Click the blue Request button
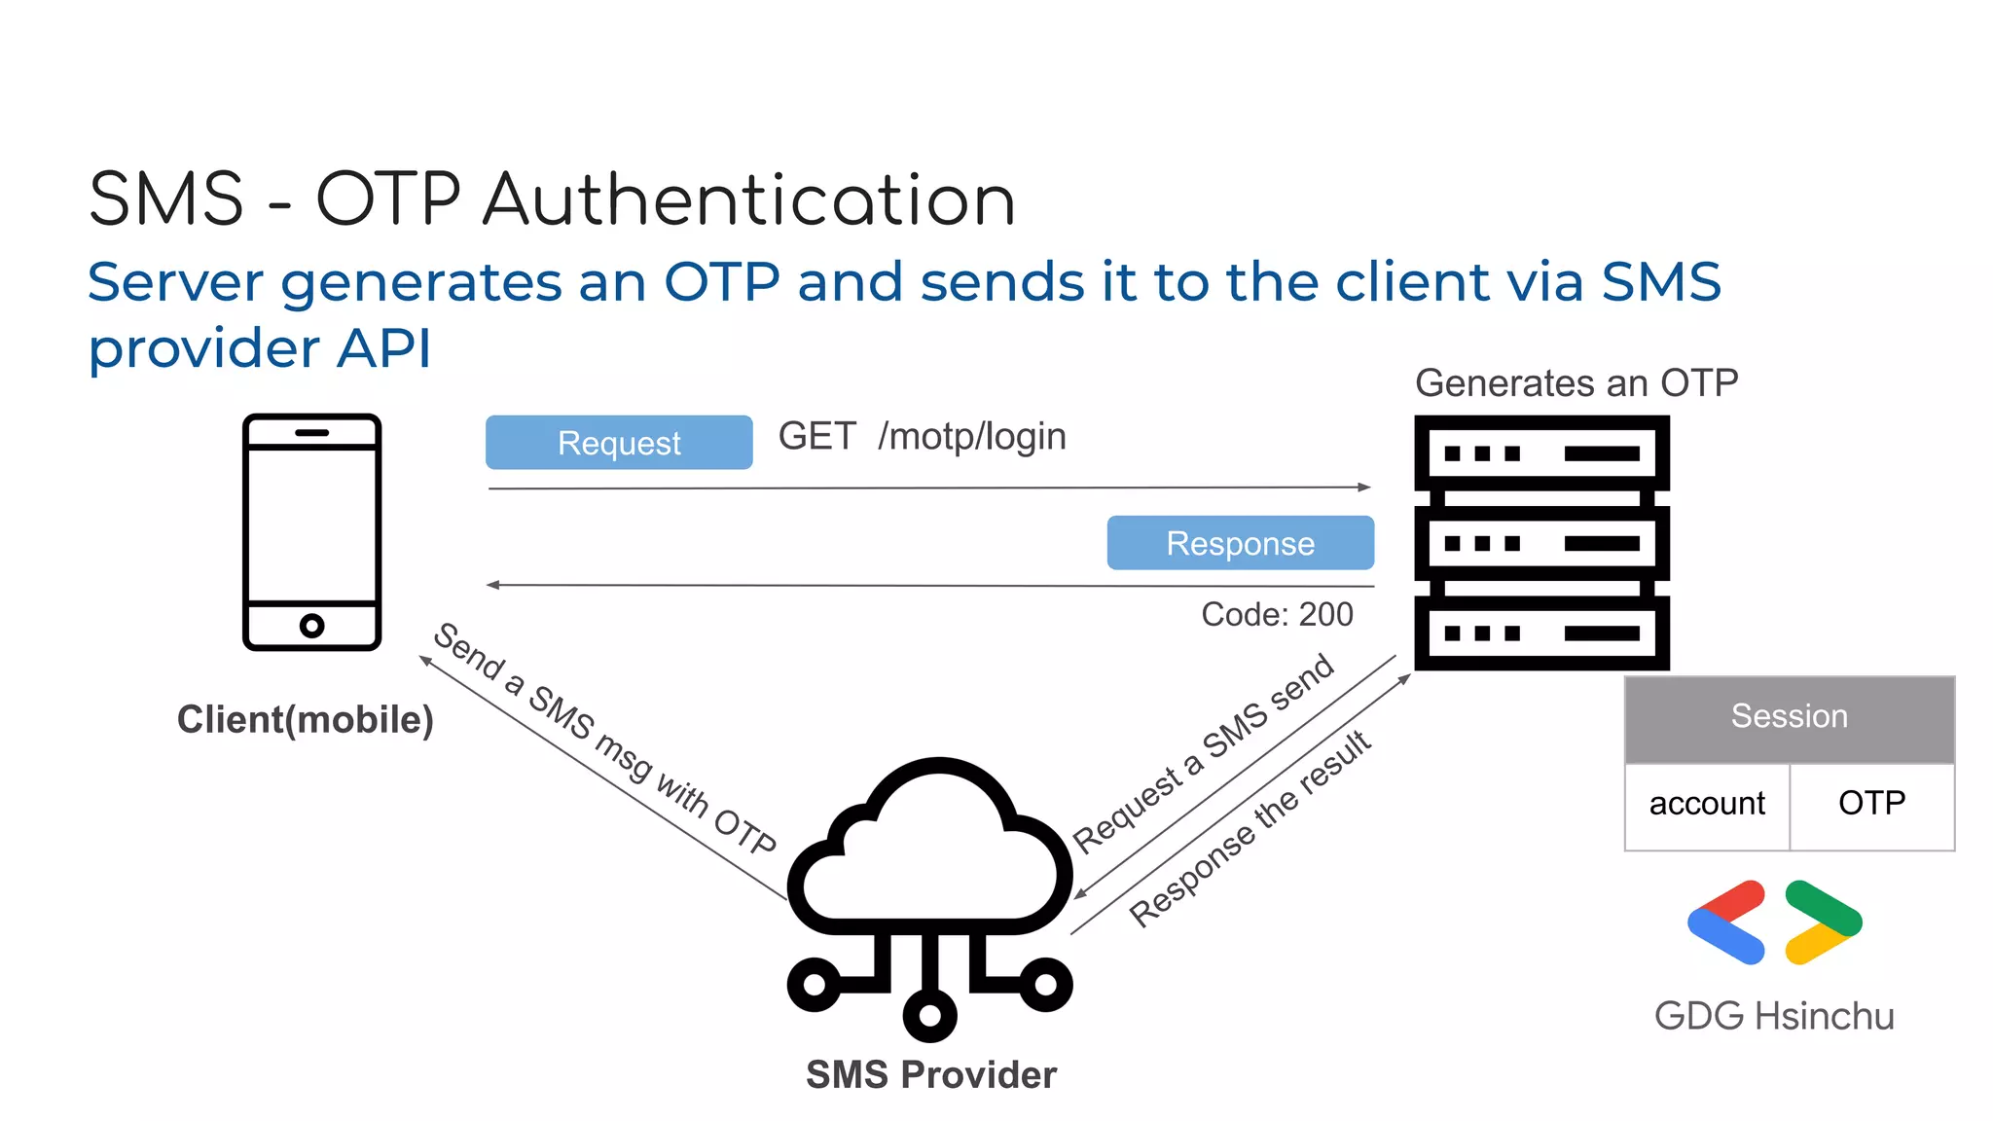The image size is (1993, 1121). (619, 443)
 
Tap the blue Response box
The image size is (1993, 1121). (1240, 543)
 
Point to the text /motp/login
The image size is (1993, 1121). (971, 437)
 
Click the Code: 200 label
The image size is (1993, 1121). (1277, 615)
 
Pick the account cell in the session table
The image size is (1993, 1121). (1707, 805)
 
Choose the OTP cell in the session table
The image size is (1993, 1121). (1871, 804)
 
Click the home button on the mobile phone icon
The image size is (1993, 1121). (311, 626)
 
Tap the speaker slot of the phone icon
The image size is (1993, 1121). (311, 432)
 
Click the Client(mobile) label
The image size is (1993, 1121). (305, 720)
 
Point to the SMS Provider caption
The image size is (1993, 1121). (930, 1075)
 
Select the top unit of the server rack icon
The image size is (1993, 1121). (1541, 453)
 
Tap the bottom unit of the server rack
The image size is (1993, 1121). (1541, 633)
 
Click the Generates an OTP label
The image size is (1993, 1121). (1576, 383)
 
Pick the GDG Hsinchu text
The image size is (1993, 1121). (1774, 1017)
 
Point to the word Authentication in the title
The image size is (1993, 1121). (749, 200)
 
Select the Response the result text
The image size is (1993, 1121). (1250, 829)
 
